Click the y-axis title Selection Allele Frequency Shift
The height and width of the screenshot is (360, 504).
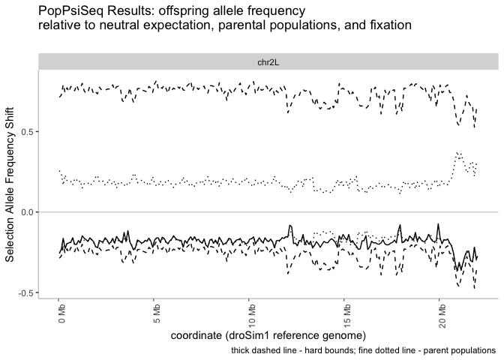(x=10, y=184)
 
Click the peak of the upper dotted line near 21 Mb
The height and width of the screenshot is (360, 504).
(x=457, y=153)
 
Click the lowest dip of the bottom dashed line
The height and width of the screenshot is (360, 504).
(x=474, y=288)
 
